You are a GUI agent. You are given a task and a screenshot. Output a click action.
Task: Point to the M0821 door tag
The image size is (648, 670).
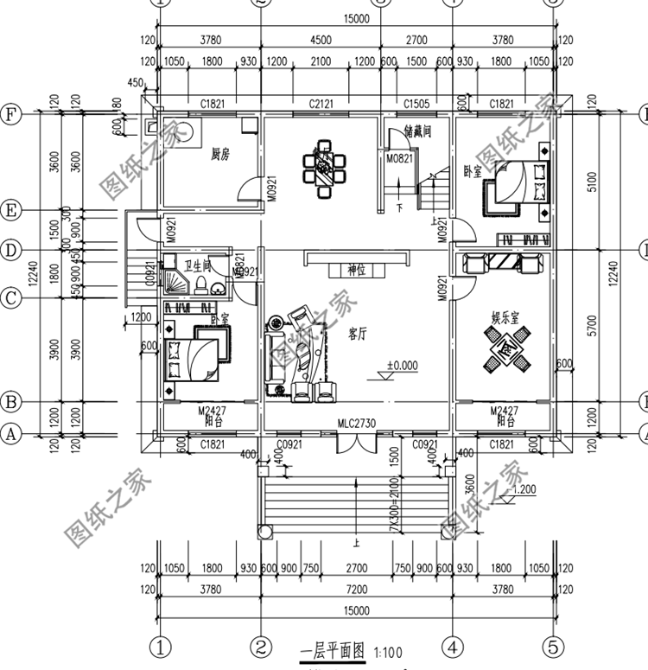click(398, 158)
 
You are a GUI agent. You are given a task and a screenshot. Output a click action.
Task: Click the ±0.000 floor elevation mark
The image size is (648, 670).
click(402, 366)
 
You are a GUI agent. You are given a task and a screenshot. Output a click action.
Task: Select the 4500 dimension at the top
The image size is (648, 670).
click(321, 40)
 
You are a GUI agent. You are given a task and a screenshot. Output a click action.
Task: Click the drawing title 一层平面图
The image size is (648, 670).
click(334, 650)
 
